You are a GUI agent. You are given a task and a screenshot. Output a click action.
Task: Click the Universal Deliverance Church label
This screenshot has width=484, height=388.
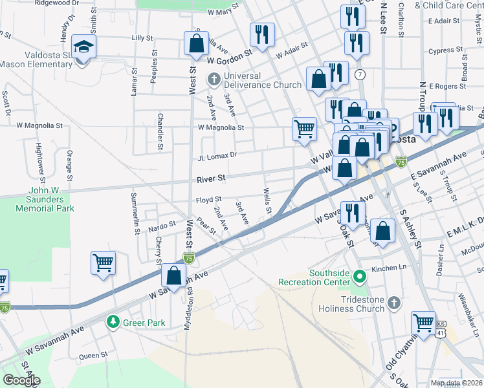pyautogui.click(x=262, y=85)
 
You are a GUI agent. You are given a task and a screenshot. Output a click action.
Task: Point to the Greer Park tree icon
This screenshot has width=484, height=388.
pyautogui.click(x=113, y=321)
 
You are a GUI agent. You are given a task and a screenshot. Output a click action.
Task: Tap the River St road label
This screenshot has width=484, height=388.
pyautogui.click(x=212, y=177)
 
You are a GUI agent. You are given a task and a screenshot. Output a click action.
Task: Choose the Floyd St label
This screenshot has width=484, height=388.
pyautogui.click(x=208, y=199)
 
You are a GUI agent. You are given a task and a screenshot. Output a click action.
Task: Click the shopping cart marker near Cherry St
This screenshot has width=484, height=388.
pyautogui.click(x=104, y=263)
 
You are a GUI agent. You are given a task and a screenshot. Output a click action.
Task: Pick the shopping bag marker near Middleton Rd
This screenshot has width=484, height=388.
pyautogui.click(x=174, y=275)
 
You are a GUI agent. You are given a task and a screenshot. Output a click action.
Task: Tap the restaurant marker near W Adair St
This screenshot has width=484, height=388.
pyautogui.click(x=262, y=35)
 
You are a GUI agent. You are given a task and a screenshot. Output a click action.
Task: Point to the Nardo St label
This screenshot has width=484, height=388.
pyautogui.click(x=162, y=225)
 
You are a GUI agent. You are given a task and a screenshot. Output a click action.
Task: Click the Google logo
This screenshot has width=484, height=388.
pyautogui.click(x=21, y=380)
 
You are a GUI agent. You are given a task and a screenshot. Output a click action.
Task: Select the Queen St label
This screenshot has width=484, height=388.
pyautogui.click(x=93, y=356)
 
